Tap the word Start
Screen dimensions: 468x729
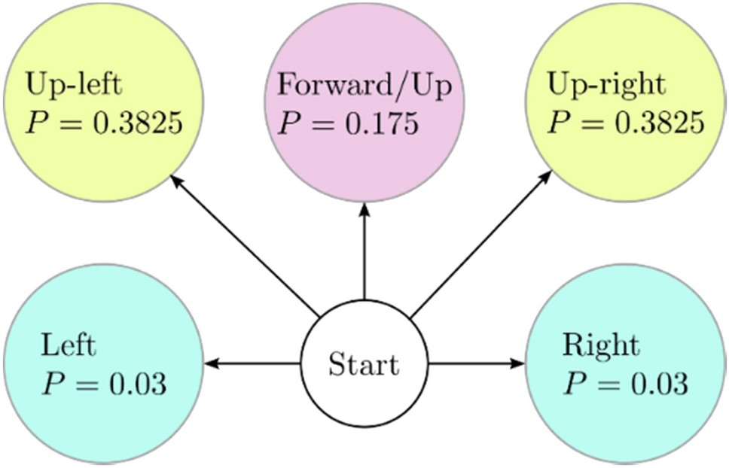[x=364, y=366]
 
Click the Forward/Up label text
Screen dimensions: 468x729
[x=364, y=86]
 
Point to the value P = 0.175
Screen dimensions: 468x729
[x=347, y=123]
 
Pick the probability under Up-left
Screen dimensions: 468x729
[x=104, y=122]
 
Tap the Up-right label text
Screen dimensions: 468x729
[x=606, y=84]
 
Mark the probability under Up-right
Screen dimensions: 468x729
[x=626, y=122]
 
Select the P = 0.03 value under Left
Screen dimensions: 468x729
[x=102, y=384]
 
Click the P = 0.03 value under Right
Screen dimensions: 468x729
[x=624, y=384]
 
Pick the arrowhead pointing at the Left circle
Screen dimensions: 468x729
[x=212, y=364]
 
